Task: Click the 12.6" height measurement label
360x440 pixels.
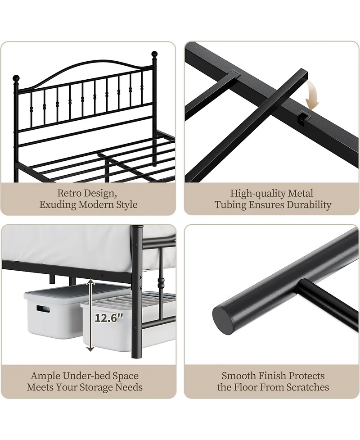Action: pyautogui.click(x=108, y=318)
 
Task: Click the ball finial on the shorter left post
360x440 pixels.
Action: pyautogui.click(x=17, y=77)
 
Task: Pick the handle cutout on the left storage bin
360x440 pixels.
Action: pyautogui.click(x=44, y=309)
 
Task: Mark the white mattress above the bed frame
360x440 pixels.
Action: pyautogui.click(x=67, y=245)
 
